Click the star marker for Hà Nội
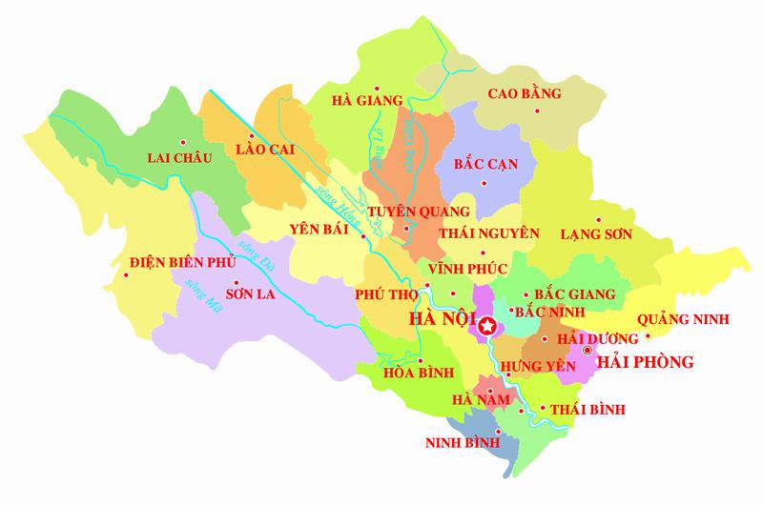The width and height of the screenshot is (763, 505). pos(487,328)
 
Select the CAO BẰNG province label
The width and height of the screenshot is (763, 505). pos(525,93)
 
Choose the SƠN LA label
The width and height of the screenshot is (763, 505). pos(244,283)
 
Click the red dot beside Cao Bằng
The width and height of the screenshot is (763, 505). pos(538,112)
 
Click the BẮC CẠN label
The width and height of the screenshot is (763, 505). pos(486,164)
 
